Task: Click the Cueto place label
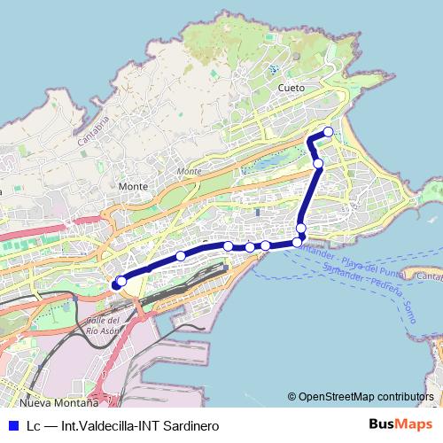[x=291, y=88]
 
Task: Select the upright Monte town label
[x=132, y=187]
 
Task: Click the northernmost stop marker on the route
[x=329, y=132]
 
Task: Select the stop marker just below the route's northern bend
[x=318, y=163]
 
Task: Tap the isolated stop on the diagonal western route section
[x=181, y=256]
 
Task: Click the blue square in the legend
[x=12, y=425]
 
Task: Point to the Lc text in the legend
[x=34, y=425]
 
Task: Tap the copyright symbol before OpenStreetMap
[x=291, y=396]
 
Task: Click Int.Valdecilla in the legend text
[x=97, y=425]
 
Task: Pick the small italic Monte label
[x=189, y=171]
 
